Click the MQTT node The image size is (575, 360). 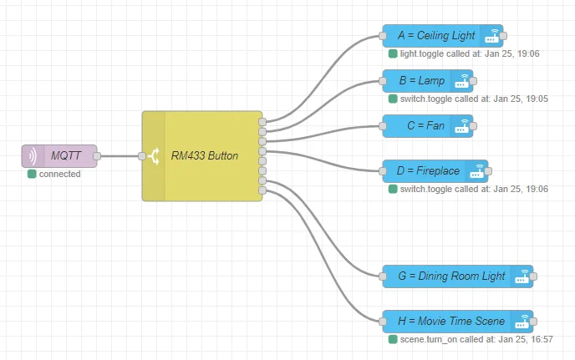tap(59, 156)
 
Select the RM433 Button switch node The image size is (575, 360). tap(202, 156)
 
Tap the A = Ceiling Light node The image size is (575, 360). tap(443, 36)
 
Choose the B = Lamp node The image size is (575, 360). tap(428, 81)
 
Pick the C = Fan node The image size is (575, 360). tap(428, 126)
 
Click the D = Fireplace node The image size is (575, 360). tap(435, 171)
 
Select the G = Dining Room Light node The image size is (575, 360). tap(458, 276)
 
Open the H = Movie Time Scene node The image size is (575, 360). tap(458, 321)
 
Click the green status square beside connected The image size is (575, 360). tap(32, 174)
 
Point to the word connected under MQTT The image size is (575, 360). tap(60, 174)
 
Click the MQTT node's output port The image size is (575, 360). tap(97, 156)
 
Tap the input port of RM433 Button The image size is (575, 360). tap(142, 156)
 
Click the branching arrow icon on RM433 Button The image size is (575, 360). tap(154, 156)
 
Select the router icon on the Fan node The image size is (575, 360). tap(461, 126)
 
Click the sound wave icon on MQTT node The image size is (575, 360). tap(33, 156)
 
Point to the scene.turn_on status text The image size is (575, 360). tap(476, 339)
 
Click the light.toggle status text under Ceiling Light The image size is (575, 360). tap(470, 54)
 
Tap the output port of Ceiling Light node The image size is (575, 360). tap(503, 36)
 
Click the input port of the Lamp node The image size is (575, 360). tap(383, 81)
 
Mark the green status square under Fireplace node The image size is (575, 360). tap(393, 189)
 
